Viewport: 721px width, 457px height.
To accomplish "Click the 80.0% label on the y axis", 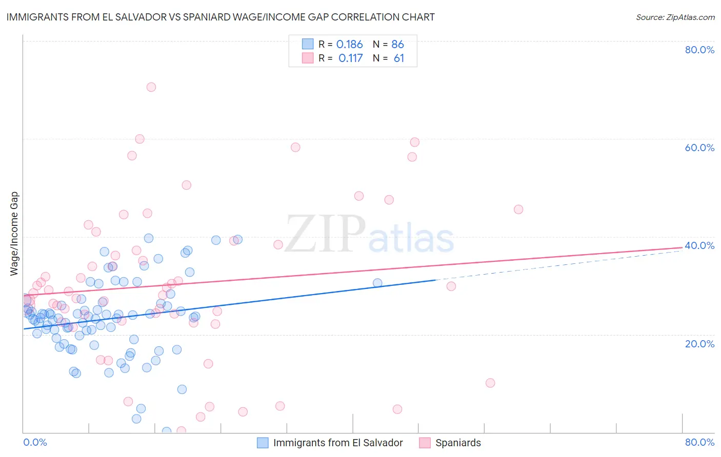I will (x=699, y=50).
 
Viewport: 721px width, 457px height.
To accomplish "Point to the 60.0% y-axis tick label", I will (x=699, y=148).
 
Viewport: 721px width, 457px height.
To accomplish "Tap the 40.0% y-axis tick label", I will (x=699, y=245).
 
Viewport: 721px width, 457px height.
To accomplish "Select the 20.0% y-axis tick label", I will (x=699, y=343).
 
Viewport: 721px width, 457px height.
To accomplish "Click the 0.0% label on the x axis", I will (x=35, y=442).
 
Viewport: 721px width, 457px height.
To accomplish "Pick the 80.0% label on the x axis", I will (x=699, y=442).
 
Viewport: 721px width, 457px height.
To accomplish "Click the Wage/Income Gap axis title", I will (x=14, y=234).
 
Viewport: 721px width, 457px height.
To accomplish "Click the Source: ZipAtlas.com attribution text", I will (x=675, y=17).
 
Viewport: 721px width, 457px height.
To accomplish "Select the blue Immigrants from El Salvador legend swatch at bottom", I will (x=263, y=443).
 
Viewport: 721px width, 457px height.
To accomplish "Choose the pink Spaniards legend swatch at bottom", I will (x=425, y=443).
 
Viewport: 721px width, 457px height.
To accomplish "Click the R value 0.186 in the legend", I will (x=349, y=45).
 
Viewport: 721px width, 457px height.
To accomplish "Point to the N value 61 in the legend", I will (x=398, y=58).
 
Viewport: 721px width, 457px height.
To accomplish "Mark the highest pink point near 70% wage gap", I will (x=151, y=87).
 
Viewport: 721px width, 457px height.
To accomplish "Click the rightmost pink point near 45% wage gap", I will (x=518, y=210).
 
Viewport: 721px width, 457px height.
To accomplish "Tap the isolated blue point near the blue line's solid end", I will (x=377, y=283).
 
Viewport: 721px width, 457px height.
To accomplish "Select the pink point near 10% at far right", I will (x=490, y=383).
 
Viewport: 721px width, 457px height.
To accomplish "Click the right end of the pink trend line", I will (x=682, y=247).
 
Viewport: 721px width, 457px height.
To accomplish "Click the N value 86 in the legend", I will (x=397, y=45).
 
